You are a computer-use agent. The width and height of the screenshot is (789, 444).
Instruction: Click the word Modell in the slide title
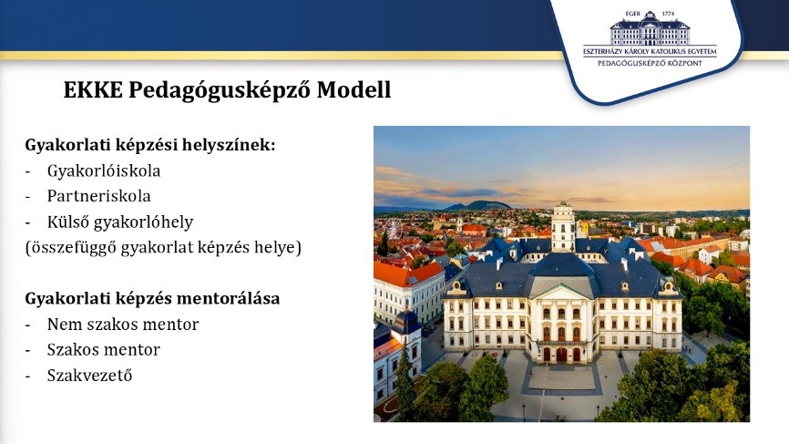tap(354, 90)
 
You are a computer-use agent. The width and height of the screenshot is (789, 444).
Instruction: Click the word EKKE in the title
tap(93, 90)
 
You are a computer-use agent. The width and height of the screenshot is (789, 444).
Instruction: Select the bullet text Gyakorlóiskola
tap(104, 171)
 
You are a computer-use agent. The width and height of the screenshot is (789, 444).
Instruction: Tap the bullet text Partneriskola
tap(98, 196)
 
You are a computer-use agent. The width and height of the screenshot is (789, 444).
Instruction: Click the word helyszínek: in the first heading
tap(229, 146)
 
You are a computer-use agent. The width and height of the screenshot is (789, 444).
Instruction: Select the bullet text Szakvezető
tap(89, 375)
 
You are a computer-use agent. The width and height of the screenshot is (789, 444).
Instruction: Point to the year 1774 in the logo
tap(668, 14)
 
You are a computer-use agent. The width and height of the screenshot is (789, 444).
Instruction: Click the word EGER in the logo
tap(632, 14)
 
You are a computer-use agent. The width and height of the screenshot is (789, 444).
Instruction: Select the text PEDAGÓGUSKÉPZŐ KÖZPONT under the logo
tap(650, 64)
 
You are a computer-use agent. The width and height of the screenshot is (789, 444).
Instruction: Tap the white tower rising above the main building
tap(563, 227)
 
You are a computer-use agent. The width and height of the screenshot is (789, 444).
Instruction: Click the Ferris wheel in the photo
tap(394, 229)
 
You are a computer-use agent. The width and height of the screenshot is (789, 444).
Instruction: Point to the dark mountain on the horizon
tap(478, 205)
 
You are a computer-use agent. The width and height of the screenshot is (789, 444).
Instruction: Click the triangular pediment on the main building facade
tap(562, 292)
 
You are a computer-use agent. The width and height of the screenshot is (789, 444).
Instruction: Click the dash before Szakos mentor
tap(27, 350)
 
